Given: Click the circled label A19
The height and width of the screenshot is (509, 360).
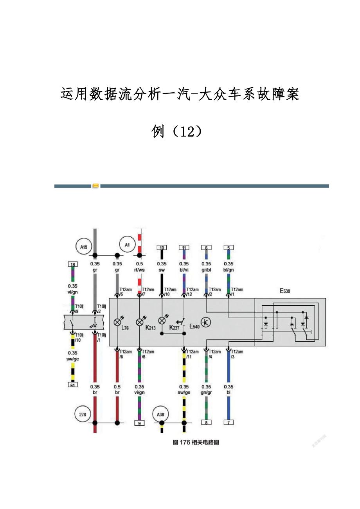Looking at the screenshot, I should pos(83,247).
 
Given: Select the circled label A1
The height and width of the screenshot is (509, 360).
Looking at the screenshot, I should pos(127,245).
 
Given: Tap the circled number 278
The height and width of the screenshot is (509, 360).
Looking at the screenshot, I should pos(83,414).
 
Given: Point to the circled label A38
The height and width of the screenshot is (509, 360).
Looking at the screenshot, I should pos(161,414).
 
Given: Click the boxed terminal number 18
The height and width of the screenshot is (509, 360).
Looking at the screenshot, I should pos(72,265).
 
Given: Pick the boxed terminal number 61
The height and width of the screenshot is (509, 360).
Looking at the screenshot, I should pos(72,385).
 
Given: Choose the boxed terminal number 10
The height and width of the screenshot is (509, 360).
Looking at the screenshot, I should pos(162,247).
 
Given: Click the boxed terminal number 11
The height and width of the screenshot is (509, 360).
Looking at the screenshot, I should pos(184,247).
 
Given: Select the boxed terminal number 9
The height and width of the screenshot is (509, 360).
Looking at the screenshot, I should pos(139,423).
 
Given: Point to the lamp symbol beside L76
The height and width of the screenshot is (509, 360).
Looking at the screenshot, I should pos(117,322).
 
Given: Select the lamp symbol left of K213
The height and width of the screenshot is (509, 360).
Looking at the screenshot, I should pos(140,322).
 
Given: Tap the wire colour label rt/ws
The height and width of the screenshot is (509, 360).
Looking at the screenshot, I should pos(139,270).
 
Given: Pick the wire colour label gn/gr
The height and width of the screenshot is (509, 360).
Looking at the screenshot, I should pos(206,392).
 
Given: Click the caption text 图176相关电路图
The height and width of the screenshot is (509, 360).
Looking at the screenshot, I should pos(196,443).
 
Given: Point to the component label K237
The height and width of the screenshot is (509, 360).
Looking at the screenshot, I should pos(175,328).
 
